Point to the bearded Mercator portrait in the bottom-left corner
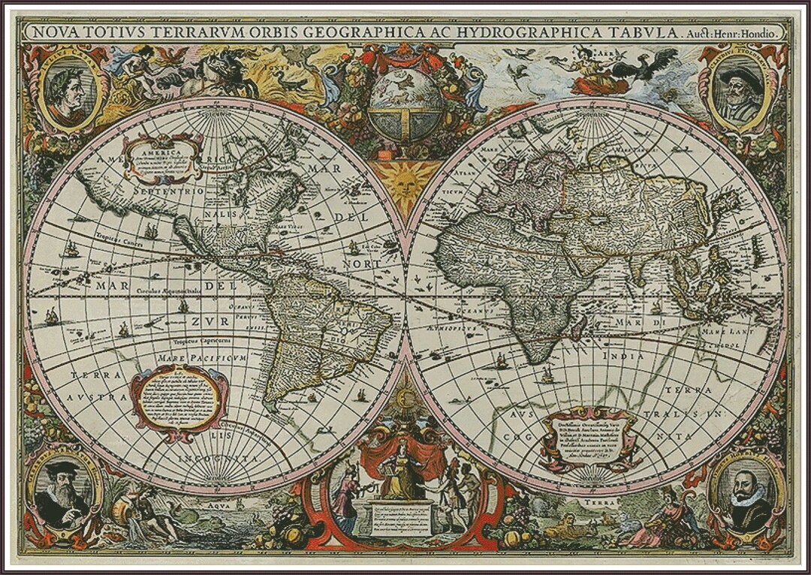pos(63,495)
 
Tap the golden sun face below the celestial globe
pos(405,185)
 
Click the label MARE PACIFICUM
pos(202,359)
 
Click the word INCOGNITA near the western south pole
pos(219,457)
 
